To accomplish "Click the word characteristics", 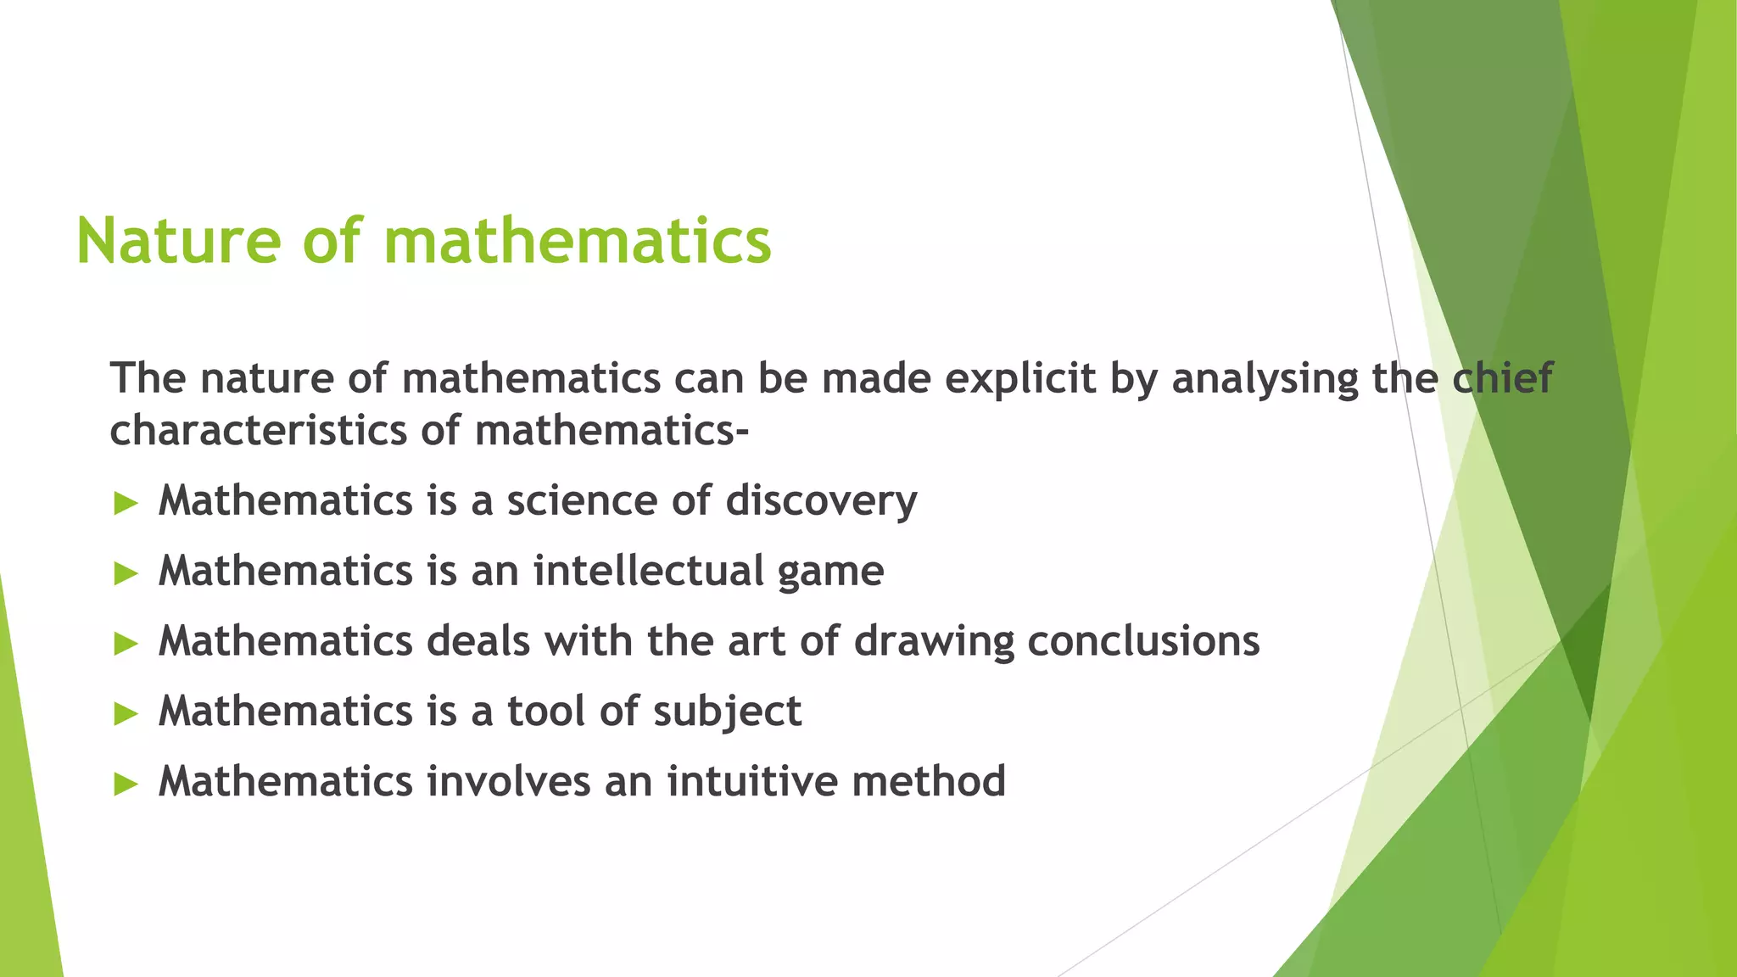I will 259,430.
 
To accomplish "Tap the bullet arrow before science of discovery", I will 126,503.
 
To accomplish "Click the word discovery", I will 821,501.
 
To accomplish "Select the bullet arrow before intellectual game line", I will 126,573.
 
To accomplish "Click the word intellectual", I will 648,571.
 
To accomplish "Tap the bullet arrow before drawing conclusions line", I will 126,644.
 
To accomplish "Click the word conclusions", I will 1143,641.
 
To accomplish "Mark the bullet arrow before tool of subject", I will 126,714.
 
